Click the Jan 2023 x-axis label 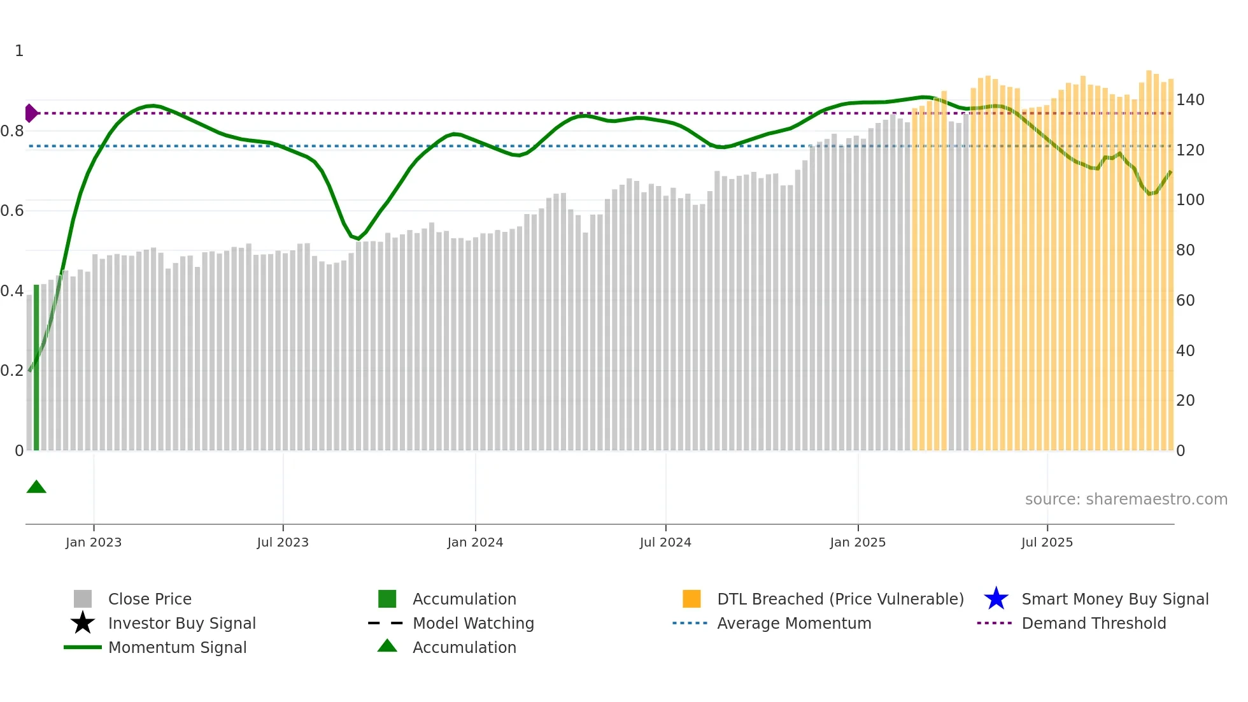click(94, 542)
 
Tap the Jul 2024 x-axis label click(665, 542)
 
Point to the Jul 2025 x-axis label click(1047, 542)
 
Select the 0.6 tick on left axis click(12, 211)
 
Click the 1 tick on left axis click(19, 51)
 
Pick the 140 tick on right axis click(1189, 100)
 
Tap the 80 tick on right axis click(1185, 250)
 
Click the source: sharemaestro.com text click(1126, 499)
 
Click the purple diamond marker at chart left click(31, 113)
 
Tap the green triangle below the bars click(36, 487)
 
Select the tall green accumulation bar click(36, 367)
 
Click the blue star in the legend click(996, 599)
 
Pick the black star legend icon click(83, 623)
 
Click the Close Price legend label click(150, 599)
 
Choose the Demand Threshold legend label click(1093, 624)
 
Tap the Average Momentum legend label click(794, 624)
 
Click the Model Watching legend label click(473, 624)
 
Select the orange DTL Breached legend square click(691, 599)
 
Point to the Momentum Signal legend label click(177, 648)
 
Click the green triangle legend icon click(387, 646)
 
